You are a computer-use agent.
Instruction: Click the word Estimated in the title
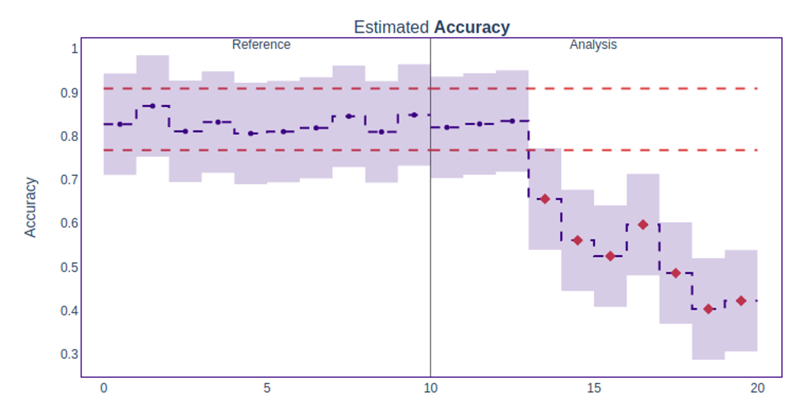click(x=391, y=27)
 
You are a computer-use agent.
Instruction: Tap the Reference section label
click(x=261, y=44)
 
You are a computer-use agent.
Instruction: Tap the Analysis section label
click(x=593, y=44)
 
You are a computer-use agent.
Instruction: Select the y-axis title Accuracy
click(x=30, y=207)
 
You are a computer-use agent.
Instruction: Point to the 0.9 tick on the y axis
click(x=69, y=93)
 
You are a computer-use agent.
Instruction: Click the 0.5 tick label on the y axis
click(x=69, y=267)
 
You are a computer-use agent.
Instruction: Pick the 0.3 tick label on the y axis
click(x=69, y=354)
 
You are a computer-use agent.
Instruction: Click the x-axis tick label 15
click(x=594, y=387)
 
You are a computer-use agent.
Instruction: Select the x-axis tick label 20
click(x=757, y=387)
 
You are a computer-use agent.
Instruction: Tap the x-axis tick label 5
click(x=267, y=387)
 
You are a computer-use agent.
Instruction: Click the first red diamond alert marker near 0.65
click(x=545, y=199)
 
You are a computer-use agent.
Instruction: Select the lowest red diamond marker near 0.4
click(x=708, y=309)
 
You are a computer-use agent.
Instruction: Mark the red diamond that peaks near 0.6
click(x=643, y=225)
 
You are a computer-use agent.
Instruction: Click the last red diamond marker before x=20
click(x=741, y=301)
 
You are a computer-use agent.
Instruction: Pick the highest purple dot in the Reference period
click(x=153, y=106)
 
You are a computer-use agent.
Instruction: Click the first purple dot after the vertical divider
click(x=447, y=127)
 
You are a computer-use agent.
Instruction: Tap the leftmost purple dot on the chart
click(x=120, y=124)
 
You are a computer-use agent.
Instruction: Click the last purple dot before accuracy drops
click(x=512, y=121)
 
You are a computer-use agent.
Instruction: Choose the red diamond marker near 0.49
click(x=675, y=273)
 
